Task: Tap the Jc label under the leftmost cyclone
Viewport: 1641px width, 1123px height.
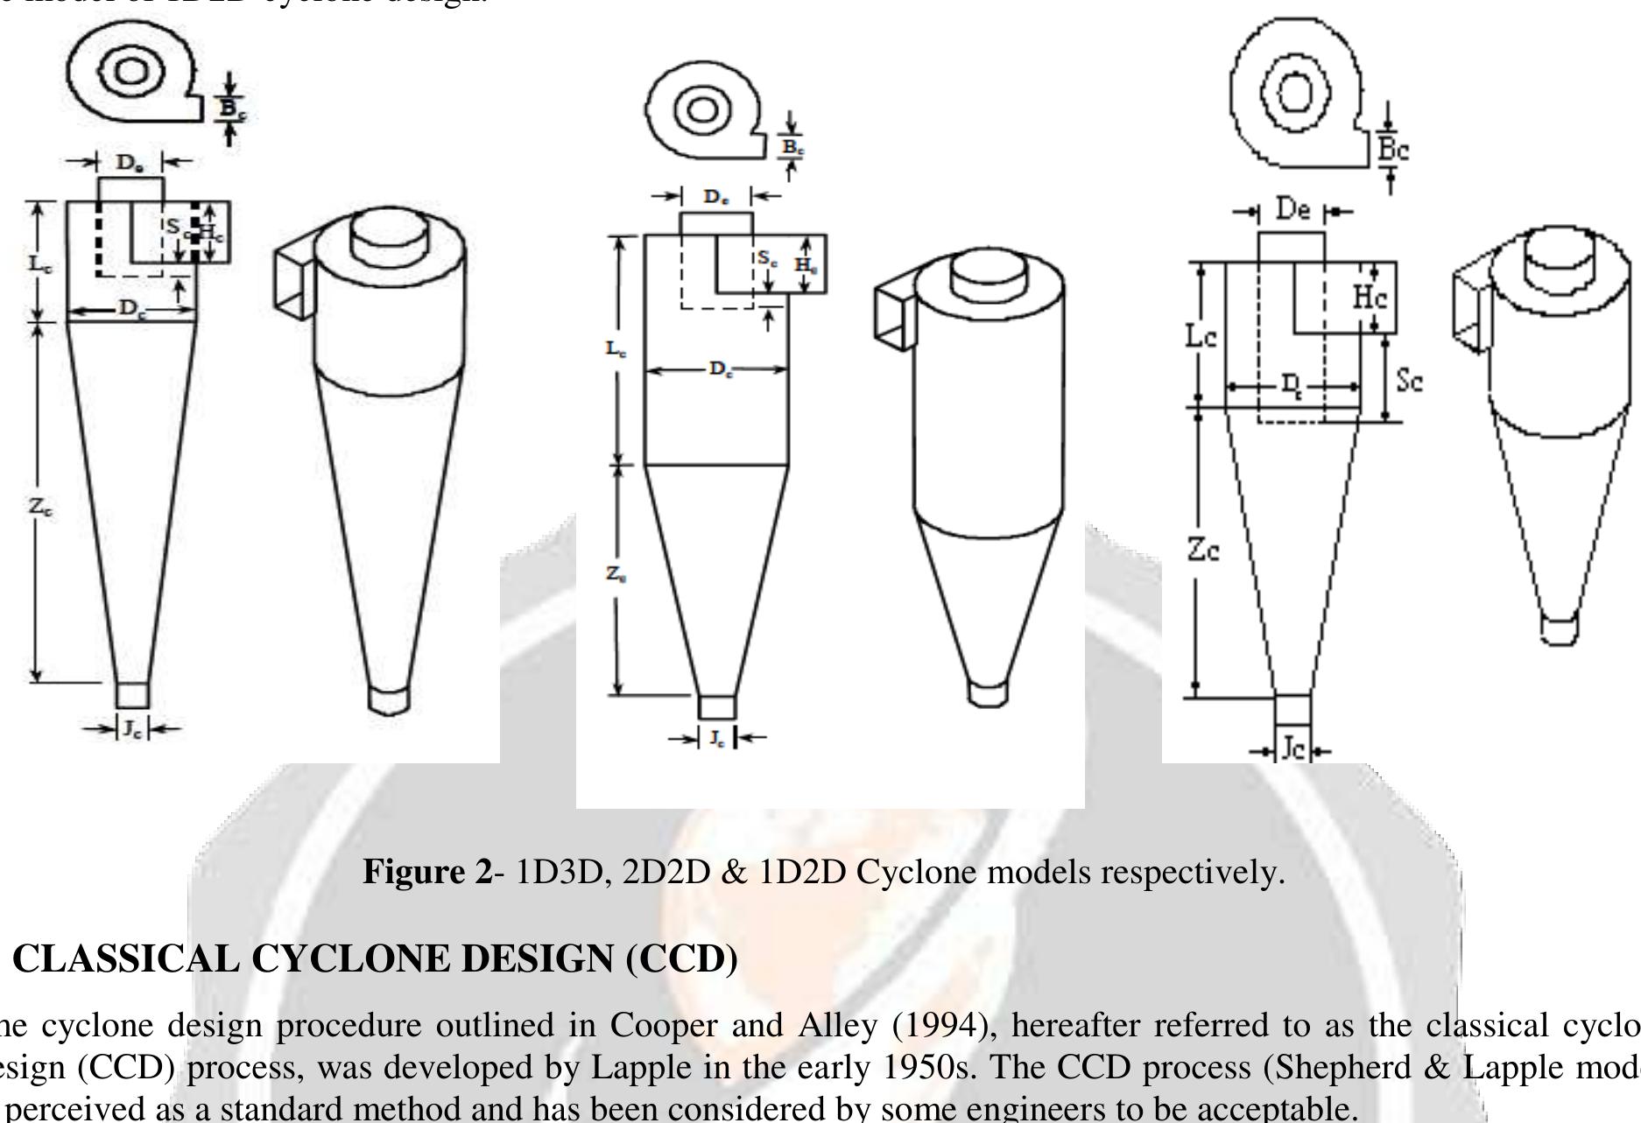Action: tap(131, 729)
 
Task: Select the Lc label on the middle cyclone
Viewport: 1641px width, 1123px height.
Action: tap(616, 349)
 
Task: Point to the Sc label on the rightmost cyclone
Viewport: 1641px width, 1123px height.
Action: tap(1410, 381)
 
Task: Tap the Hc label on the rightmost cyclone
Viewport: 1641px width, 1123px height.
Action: tap(1370, 298)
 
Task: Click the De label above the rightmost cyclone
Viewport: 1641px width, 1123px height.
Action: tap(1292, 211)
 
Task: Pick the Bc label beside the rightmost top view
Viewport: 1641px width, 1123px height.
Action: tap(1393, 150)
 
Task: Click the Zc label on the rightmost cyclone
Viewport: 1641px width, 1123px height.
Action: tap(1203, 551)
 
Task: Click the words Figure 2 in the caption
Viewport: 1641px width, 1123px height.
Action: tap(427, 873)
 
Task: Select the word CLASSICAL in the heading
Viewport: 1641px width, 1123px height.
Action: tap(126, 959)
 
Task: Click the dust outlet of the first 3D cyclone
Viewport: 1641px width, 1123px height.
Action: tap(388, 699)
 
